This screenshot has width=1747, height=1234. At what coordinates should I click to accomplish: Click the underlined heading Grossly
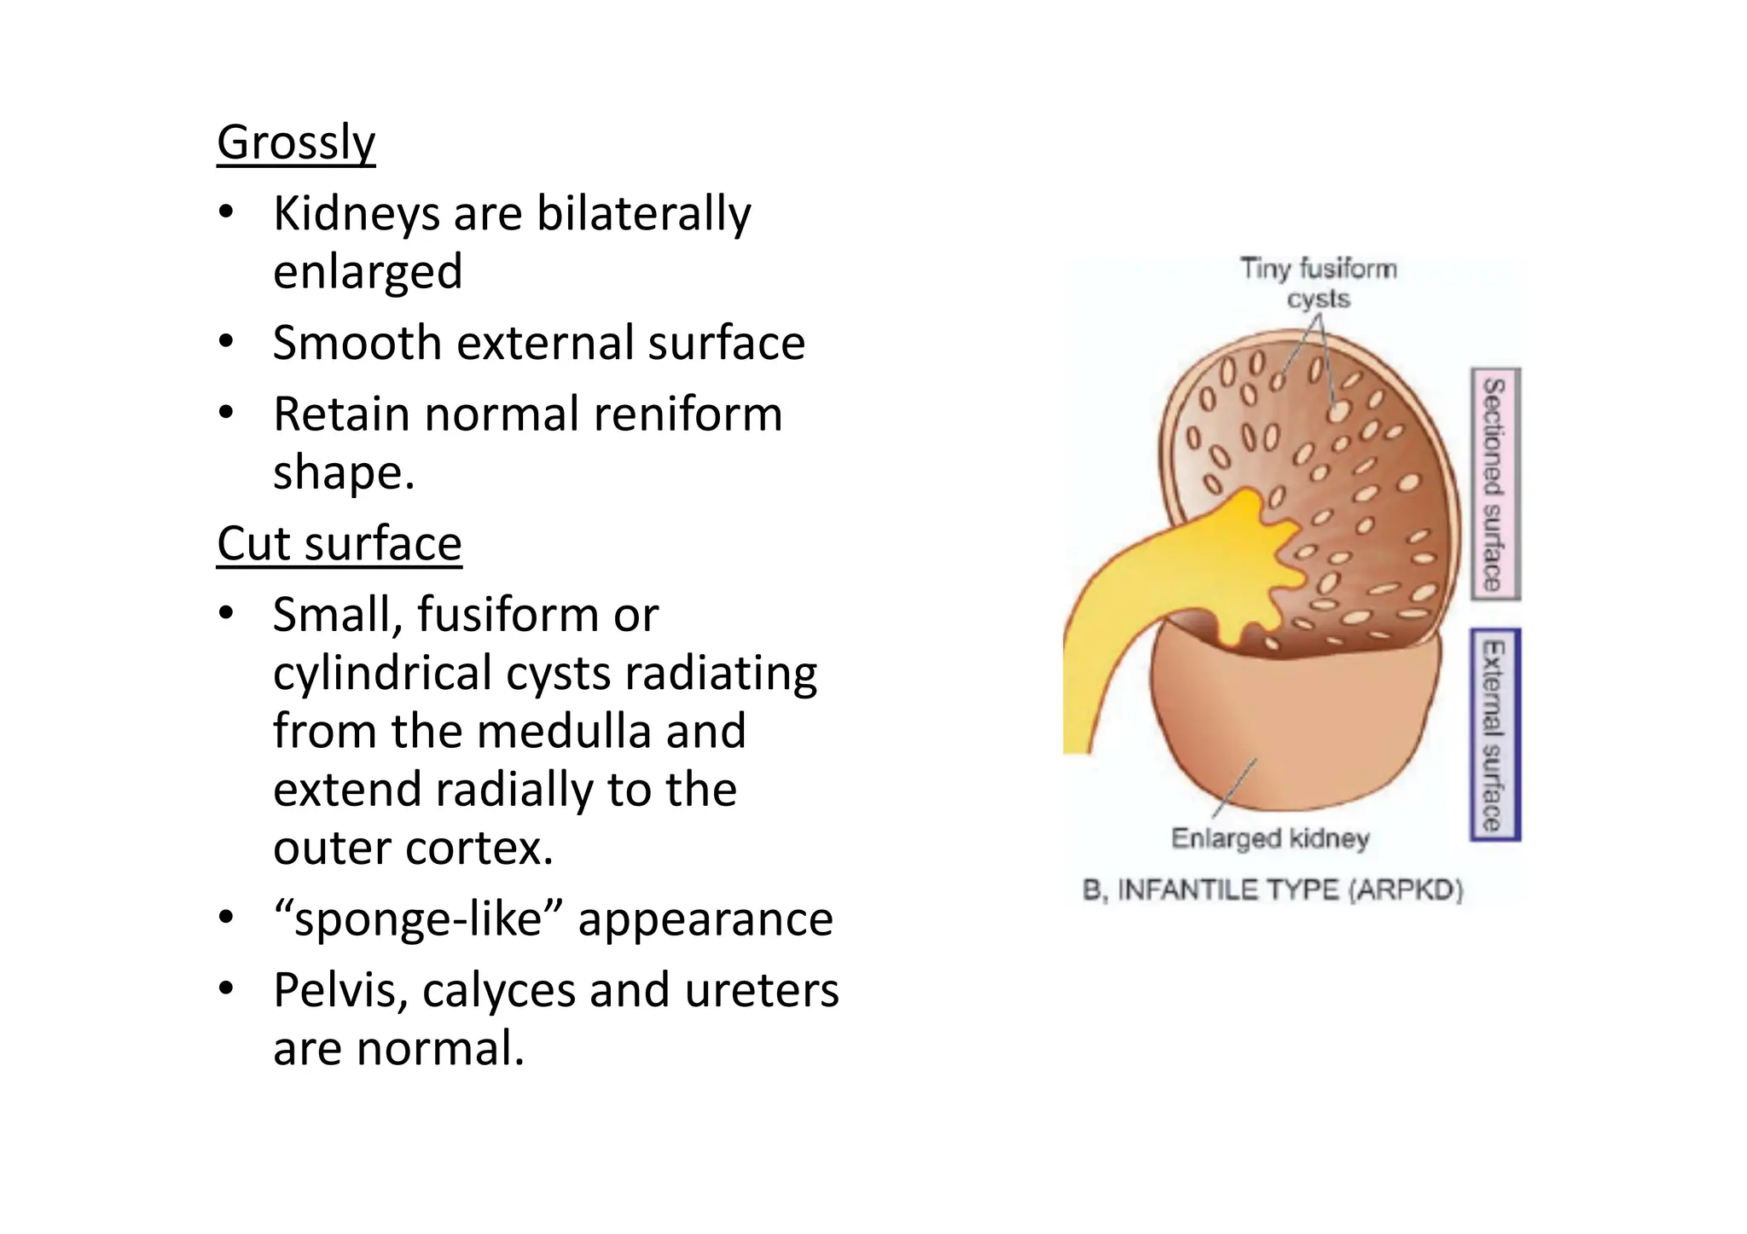coord(295,142)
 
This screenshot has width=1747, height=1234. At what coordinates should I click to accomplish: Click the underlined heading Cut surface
coord(339,543)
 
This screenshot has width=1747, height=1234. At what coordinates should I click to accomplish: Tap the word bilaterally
coord(643,213)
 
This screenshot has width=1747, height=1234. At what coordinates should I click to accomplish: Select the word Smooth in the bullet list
coord(357,343)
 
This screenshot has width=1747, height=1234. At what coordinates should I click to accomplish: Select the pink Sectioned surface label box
coord(1495,484)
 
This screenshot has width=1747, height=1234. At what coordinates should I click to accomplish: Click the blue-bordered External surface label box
coord(1495,734)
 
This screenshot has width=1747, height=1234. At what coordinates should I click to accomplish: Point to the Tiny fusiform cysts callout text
coord(1318,283)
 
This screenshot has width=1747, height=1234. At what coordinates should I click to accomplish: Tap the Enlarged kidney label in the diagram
coord(1269,838)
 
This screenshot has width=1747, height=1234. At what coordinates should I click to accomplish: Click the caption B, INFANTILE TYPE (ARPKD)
coord(1272,890)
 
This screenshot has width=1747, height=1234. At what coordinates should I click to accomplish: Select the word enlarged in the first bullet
coord(368,272)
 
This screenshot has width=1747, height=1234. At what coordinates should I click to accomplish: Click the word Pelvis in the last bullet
coord(340,991)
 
